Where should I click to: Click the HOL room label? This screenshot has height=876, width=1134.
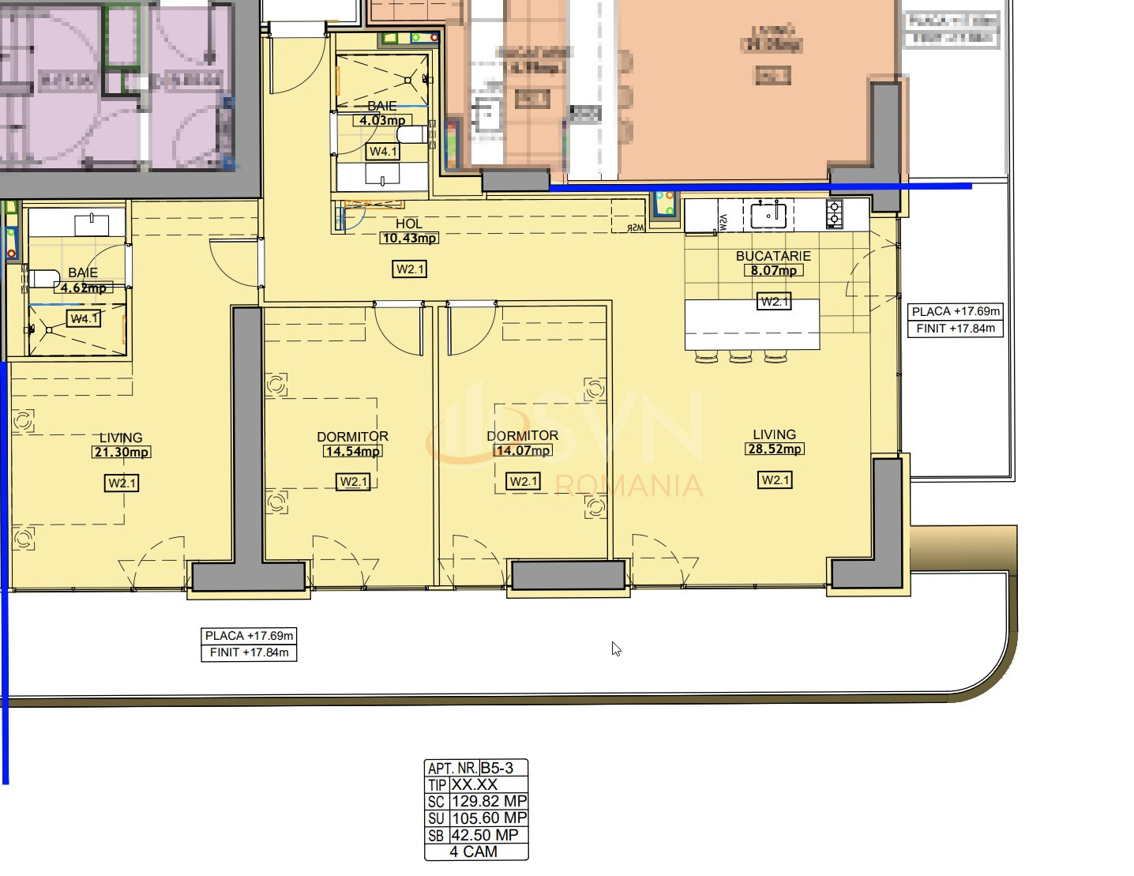[x=408, y=224]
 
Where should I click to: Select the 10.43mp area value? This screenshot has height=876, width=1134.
[x=408, y=238]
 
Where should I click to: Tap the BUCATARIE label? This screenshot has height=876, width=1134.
[x=773, y=256]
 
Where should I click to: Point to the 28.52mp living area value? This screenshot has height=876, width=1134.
[x=774, y=449]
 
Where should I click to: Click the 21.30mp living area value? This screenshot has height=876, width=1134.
[x=121, y=452]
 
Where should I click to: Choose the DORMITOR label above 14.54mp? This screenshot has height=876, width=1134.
[x=352, y=437]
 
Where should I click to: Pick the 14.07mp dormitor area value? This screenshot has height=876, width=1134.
[x=523, y=450]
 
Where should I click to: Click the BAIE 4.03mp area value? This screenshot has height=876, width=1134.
[x=382, y=121]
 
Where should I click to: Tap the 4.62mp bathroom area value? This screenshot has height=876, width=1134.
[x=84, y=288]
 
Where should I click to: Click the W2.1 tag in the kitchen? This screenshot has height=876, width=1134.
[x=773, y=301]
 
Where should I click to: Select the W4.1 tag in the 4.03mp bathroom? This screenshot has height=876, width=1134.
[x=383, y=151]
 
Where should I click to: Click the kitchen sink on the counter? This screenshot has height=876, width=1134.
[x=768, y=214]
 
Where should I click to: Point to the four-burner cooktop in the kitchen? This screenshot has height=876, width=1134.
[x=835, y=214]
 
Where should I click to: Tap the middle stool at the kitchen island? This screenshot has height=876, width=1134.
[x=740, y=357]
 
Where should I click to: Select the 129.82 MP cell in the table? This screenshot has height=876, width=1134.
[x=488, y=801]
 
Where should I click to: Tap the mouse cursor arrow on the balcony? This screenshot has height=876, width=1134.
[x=616, y=649]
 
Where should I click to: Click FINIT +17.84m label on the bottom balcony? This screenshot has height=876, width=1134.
[x=249, y=652]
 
